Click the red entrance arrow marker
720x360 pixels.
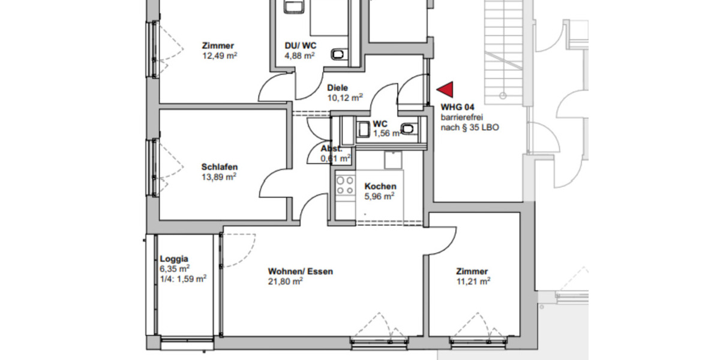[x=445, y=90]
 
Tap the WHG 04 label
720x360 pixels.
[x=458, y=107]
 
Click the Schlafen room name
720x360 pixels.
[x=220, y=167]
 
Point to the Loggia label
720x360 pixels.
[x=174, y=259]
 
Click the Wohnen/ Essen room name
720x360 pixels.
[x=300, y=271]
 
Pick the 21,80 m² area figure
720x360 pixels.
[x=285, y=281]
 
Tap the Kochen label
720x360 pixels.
[x=380, y=187]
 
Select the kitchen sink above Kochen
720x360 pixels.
[x=392, y=160]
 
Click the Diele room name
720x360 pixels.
[x=337, y=88]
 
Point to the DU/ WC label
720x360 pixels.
[x=301, y=46]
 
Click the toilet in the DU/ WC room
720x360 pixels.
[x=339, y=55]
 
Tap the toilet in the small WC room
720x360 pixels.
[x=409, y=128]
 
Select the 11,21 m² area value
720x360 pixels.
[x=473, y=281]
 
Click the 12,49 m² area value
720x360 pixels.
[x=220, y=56]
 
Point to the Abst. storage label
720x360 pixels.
[x=331, y=148]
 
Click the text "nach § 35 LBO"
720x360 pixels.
[x=470, y=127]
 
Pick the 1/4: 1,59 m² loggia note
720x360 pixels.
[x=183, y=278]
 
